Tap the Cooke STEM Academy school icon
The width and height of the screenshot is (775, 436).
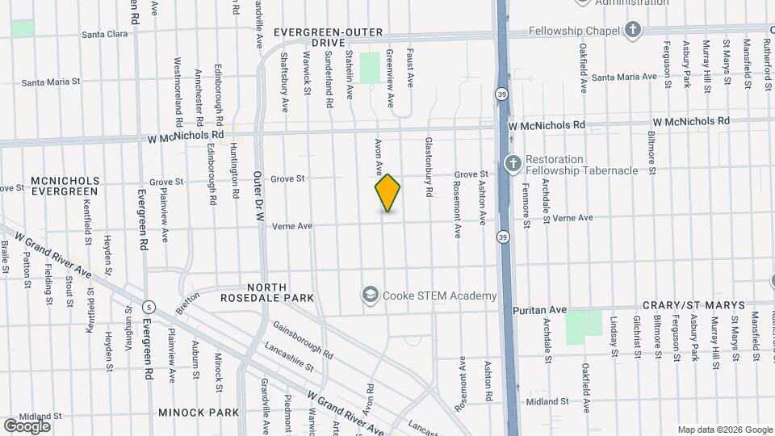click(x=371, y=296)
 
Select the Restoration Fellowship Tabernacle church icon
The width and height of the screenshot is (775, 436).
click(x=512, y=165)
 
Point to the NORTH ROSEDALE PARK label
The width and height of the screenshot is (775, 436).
click(x=268, y=292)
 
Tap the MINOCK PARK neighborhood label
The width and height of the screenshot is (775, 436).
click(x=199, y=413)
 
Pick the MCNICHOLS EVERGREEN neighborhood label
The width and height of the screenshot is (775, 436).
click(x=65, y=186)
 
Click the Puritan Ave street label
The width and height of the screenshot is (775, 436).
click(x=540, y=309)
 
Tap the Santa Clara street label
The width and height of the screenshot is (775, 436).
click(x=107, y=35)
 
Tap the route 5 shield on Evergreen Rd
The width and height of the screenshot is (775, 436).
click(x=149, y=307)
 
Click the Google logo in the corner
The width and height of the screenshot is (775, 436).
click(x=27, y=426)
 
